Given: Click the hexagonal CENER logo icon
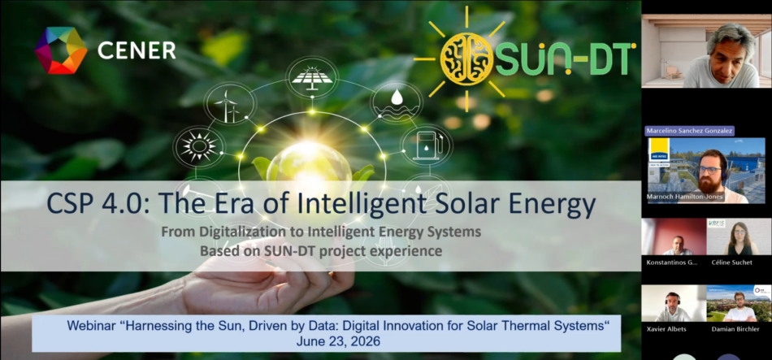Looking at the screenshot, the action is (x=61, y=50).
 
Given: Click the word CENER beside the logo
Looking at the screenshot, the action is (x=137, y=50).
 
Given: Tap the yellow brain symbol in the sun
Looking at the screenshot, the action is (x=466, y=59).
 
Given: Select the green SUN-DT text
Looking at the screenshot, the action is (x=564, y=59).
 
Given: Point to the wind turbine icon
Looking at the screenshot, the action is (x=229, y=104).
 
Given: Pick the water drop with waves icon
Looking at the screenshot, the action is (x=396, y=103).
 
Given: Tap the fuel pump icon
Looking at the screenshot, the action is (x=426, y=145).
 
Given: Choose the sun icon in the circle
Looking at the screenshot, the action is (x=199, y=146).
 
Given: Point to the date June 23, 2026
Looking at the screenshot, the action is (x=338, y=340).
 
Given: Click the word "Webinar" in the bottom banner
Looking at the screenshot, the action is (x=91, y=326).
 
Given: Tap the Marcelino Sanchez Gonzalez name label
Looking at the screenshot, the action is (x=689, y=131).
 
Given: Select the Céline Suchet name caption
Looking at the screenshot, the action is (x=731, y=262).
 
